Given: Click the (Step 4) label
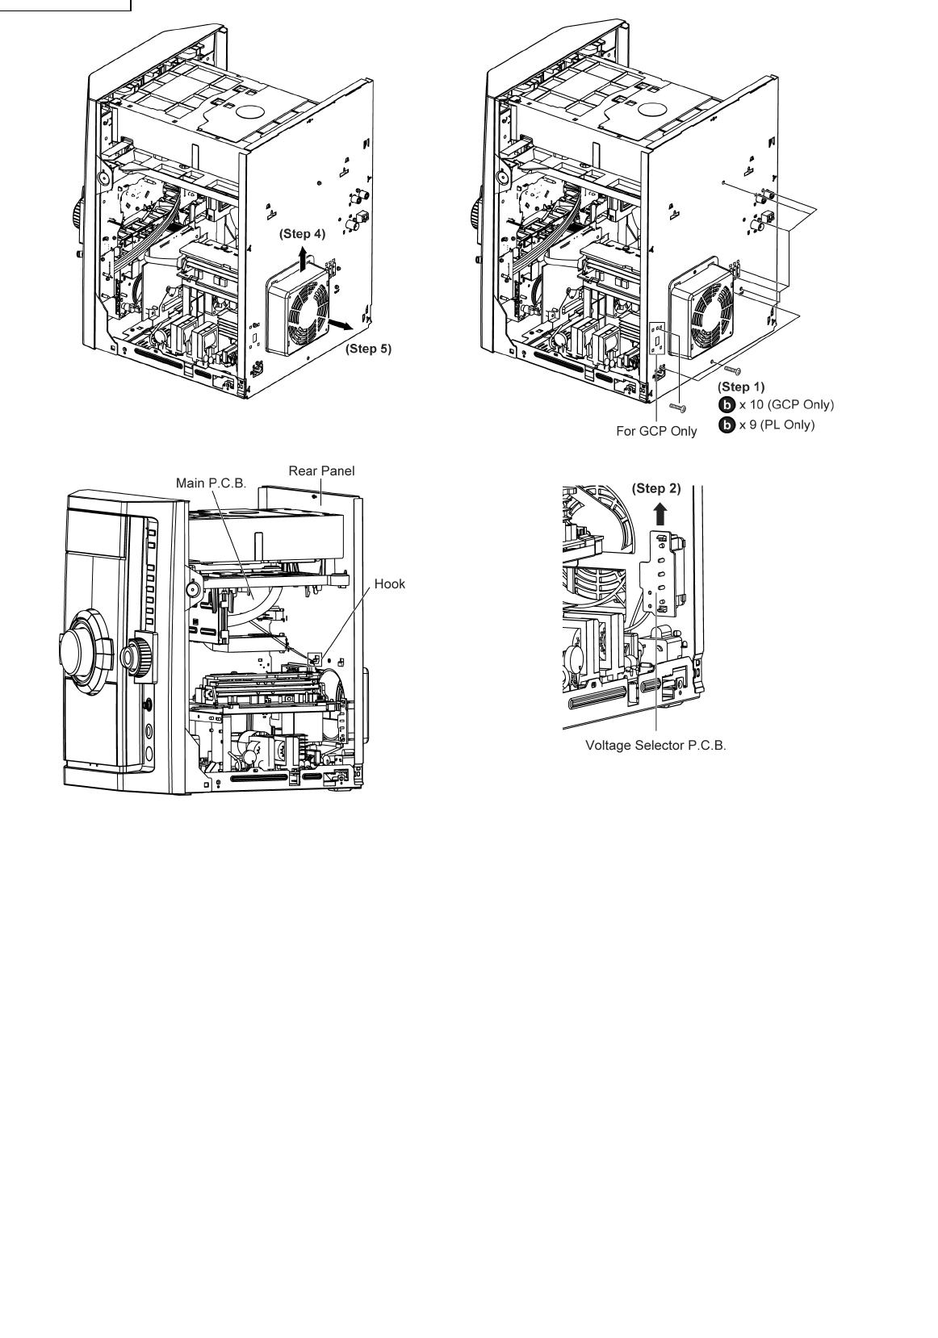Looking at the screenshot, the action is tap(302, 234).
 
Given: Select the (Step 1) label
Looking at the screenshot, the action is tap(741, 387).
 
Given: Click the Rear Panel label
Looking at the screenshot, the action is tap(321, 470).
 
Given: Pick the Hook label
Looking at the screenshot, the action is tap(389, 583).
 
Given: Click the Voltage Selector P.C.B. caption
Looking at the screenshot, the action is tap(655, 746).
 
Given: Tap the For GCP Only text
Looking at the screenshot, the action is tap(656, 431).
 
